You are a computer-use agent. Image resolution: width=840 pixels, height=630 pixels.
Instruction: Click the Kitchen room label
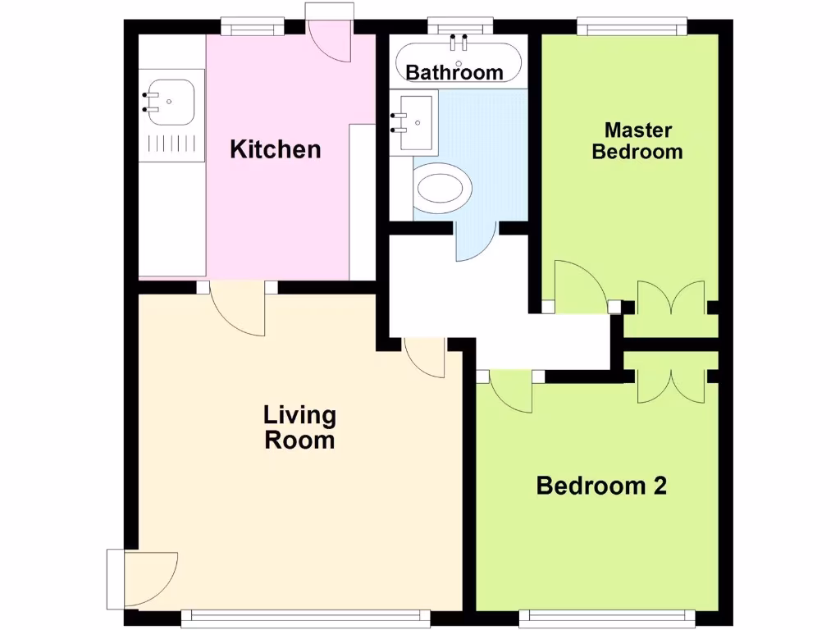[x=275, y=149]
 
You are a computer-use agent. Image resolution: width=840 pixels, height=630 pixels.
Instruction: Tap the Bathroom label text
[x=454, y=72]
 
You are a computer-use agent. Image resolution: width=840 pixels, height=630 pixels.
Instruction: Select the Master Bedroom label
[x=637, y=140]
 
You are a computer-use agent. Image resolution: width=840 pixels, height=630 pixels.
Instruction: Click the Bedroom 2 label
[x=600, y=486]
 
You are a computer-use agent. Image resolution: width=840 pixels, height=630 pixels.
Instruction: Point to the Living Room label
[x=299, y=427]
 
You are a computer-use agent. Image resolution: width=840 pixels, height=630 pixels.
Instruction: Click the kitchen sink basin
[x=170, y=102]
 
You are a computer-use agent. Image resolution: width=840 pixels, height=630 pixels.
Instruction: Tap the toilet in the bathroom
[x=444, y=188]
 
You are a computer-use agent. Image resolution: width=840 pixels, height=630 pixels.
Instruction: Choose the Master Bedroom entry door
[x=578, y=287]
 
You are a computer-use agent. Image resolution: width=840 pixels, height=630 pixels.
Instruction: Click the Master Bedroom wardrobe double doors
[x=671, y=299]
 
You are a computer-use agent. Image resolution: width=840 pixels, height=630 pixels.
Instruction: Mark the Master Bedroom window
[x=632, y=28]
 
